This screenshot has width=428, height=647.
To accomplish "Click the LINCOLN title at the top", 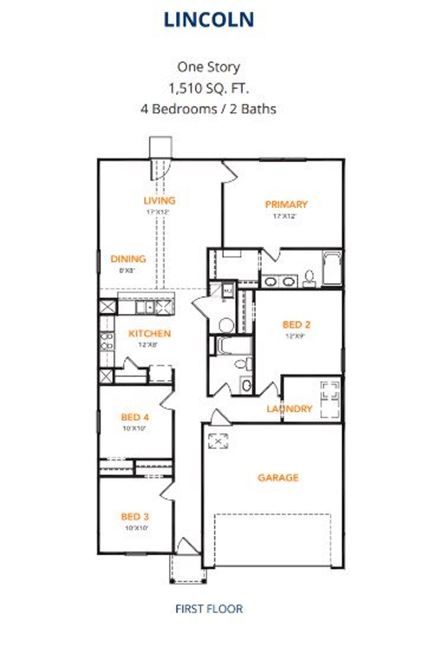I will [x=209, y=20].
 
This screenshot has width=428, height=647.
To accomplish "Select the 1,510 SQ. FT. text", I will [x=208, y=88].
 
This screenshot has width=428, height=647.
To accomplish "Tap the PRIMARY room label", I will [x=286, y=204].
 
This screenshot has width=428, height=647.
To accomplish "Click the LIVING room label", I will [x=159, y=201].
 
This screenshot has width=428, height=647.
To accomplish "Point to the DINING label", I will [x=128, y=259].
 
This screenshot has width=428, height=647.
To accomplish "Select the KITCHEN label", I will [x=149, y=333].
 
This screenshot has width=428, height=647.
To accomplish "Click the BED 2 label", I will [x=296, y=325].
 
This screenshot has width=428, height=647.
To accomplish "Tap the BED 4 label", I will [x=135, y=417].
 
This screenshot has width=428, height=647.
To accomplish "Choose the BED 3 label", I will [x=135, y=516].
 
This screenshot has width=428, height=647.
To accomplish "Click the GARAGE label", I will [x=278, y=477].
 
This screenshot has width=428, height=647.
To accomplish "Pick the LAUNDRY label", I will [x=289, y=409].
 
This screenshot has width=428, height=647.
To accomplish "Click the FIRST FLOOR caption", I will [x=209, y=609].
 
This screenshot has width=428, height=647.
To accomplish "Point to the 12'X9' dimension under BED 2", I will [x=296, y=336].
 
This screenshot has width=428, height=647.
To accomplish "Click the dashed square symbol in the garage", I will [x=218, y=441].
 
